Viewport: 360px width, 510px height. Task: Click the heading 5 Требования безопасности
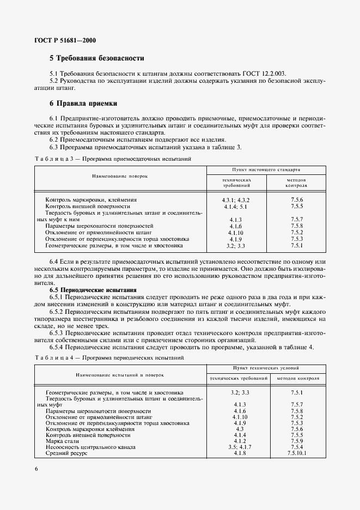pyautogui.click(x=96, y=58)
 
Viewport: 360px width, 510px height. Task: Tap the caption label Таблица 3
pyautogui.click(x=53, y=159)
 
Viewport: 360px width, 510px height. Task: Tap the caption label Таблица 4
pyautogui.click(x=53, y=357)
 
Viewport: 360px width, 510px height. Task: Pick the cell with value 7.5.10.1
pyautogui.click(x=297, y=453)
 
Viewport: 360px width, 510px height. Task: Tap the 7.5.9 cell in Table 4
pyautogui.click(x=297, y=441)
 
